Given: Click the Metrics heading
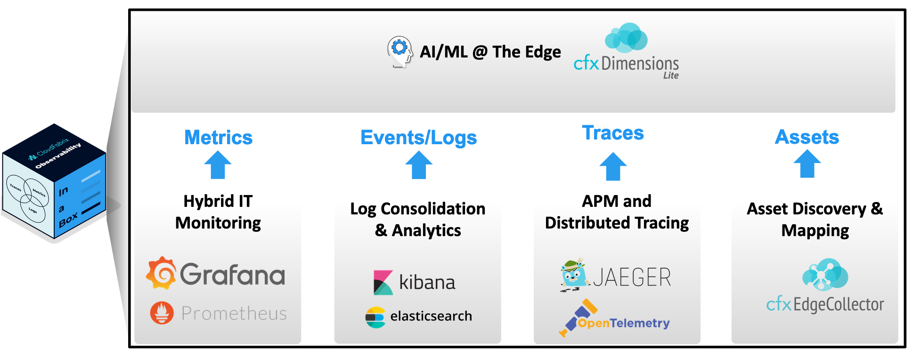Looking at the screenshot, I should pyautogui.click(x=218, y=138).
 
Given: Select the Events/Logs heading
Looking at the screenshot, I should pyautogui.click(x=418, y=138).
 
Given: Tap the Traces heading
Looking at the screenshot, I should pyautogui.click(x=612, y=133).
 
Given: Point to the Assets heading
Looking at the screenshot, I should pyautogui.click(x=807, y=137).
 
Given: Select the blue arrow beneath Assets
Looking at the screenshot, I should pyautogui.click(x=807, y=164).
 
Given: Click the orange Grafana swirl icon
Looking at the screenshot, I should pyautogui.click(x=161, y=273).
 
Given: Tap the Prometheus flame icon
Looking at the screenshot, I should pyautogui.click(x=162, y=313).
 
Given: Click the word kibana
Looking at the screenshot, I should pyautogui.click(x=427, y=282).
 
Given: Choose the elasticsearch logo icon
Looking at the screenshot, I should pyautogui.click(x=375, y=317).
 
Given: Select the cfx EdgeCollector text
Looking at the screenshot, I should pyautogui.click(x=825, y=304).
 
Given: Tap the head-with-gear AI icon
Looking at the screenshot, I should pyautogui.click(x=399, y=51).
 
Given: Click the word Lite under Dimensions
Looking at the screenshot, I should pyautogui.click(x=671, y=75).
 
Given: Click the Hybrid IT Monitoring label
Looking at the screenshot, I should pyautogui.click(x=218, y=212).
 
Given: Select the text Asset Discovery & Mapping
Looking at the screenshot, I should pyautogui.click(x=815, y=219).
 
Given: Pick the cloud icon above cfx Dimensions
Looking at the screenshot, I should pyautogui.click(x=626, y=38).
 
